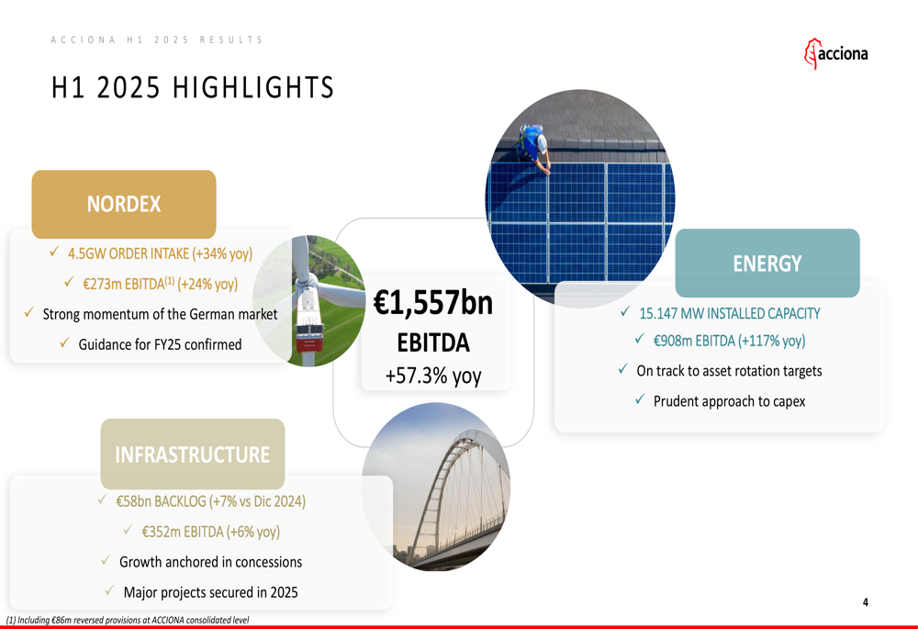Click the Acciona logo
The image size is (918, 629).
tap(836, 54)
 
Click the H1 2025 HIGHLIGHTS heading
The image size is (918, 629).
tap(193, 88)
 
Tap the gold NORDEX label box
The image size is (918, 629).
tap(124, 204)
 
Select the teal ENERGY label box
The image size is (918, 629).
tap(767, 263)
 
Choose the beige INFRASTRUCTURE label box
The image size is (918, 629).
tap(193, 454)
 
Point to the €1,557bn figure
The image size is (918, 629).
tap(433, 303)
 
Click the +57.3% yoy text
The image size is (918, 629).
tap(433, 376)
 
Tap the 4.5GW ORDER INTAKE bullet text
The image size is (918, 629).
tap(160, 253)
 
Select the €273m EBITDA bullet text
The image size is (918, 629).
tap(160, 284)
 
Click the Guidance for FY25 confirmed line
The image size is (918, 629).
tap(160, 344)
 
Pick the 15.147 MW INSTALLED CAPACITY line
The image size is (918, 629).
tap(730, 313)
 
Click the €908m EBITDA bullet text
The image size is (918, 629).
tap(730, 341)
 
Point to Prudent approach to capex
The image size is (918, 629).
tap(730, 401)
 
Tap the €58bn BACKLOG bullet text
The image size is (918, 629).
tap(211, 501)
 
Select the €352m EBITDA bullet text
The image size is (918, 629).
tap(211, 532)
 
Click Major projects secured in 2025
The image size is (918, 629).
tap(211, 592)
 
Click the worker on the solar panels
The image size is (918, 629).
tap(533, 148)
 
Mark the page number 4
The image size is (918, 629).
tap(866, 602)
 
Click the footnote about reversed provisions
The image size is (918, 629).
tap(128, 620)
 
